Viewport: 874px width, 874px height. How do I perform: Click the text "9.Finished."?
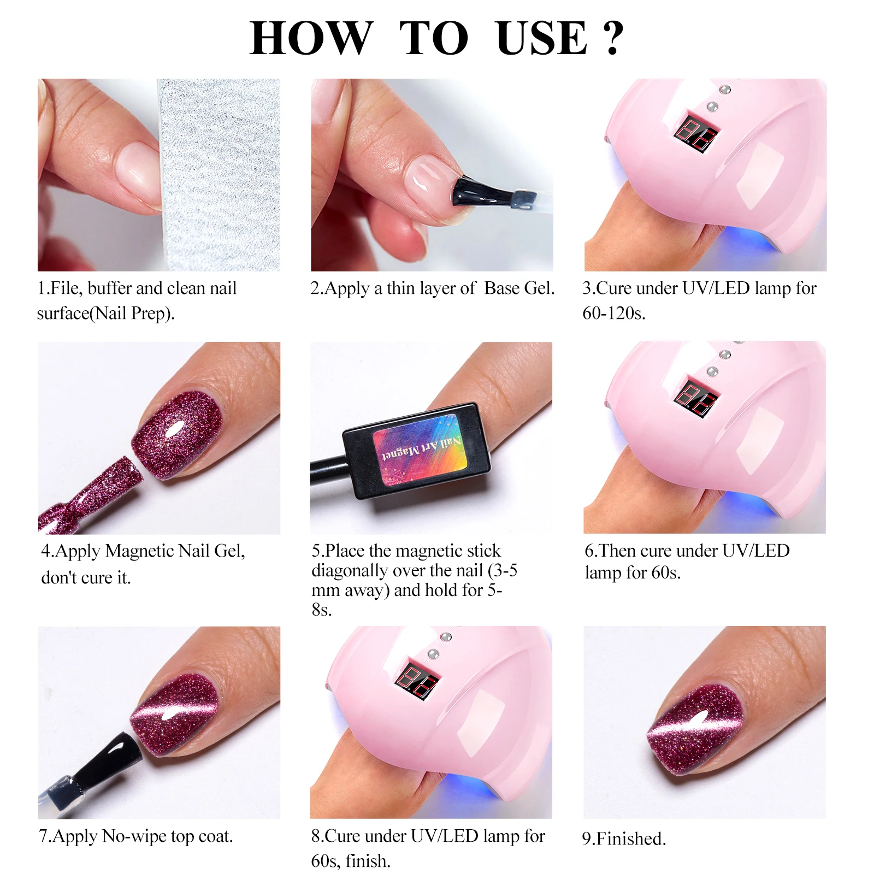coord(624,838)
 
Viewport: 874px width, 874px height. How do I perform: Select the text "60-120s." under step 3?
coord(614,313)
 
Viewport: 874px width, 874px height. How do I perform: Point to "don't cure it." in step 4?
coord(86,577)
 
